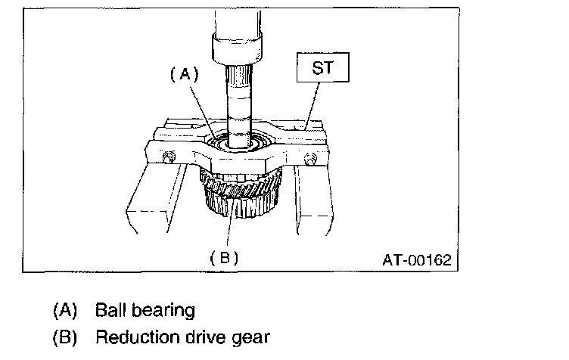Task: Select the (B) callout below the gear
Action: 223,256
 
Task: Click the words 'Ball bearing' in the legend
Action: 145,310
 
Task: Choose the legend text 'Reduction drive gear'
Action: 182,337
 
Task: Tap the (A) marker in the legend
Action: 66,310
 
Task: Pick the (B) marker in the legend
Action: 66,337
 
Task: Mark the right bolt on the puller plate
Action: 309,158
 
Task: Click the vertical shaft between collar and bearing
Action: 240,98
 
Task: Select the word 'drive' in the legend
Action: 197,337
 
